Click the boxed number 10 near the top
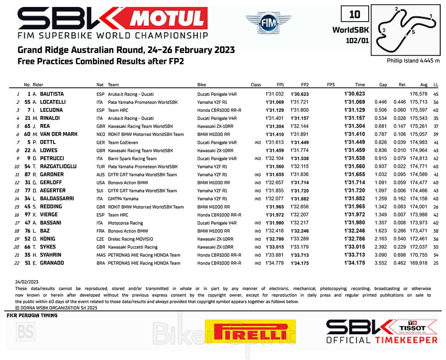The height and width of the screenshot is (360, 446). point(355,14)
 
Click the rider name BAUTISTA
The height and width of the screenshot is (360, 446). point(52,94)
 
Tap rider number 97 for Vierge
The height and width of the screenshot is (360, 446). point(28,215)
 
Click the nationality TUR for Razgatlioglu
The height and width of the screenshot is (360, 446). point(100,166)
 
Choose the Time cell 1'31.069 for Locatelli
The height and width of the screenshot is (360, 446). point(354,102)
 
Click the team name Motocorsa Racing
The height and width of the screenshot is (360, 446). point(125,223)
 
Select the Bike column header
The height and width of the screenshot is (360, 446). point(201,85)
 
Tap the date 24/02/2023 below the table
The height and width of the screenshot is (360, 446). point(27,282)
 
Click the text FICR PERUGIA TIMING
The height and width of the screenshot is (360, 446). point(32,315)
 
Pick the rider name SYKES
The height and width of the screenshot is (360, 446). point(48,247)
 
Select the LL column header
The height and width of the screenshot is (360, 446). point(436,85)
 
